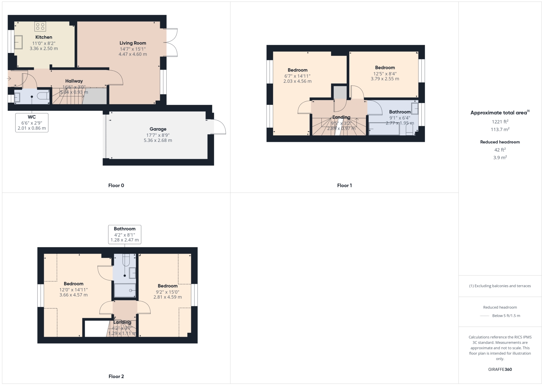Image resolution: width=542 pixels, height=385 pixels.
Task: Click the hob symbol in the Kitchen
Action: click(x=40, y=26)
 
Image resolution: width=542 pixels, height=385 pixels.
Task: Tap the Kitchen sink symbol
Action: click(x=18, y=42)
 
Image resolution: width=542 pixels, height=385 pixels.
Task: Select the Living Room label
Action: click(x=133, y=43)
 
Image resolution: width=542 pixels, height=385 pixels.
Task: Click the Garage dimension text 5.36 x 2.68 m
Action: click(x=158, y=140)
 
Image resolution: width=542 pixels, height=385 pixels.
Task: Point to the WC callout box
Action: click(x=32, y=123)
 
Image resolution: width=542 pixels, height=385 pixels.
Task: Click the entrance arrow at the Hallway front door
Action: click(x=9, y=78)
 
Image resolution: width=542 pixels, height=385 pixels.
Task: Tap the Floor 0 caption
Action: click(x=116, y=185)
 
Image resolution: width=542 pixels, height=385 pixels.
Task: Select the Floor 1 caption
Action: click(x=344, y=185)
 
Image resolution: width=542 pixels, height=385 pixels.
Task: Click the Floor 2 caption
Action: click(x=116, y=376)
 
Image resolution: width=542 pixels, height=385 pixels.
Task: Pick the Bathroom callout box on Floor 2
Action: click(x=124, y=234)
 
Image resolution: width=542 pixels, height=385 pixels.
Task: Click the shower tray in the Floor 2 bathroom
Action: click(x=125, y=290)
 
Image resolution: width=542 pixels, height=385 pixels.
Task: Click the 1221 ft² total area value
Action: click(x=500, y=122)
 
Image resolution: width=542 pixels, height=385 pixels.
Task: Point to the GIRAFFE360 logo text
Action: click(x=500, y=369)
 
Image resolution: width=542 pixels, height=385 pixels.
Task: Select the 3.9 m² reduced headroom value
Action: click(x=500, y=157)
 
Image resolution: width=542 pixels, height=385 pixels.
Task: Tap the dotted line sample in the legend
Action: click(x=484, y=316)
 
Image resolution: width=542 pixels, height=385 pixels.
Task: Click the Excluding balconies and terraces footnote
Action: click(x=500, y=286)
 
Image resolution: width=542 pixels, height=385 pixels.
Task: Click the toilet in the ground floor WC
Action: click(x=44, y=97)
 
